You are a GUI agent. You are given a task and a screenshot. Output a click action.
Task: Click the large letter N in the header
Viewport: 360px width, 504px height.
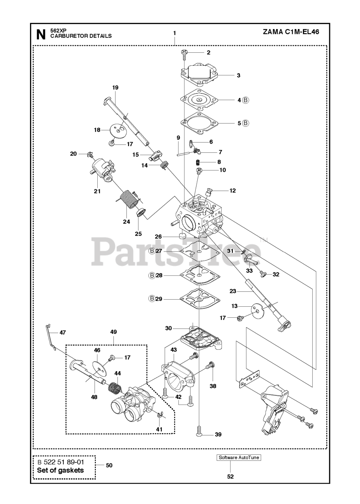pyautogui.click(x=41, y=35)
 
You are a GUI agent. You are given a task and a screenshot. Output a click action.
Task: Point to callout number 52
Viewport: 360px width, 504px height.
pyautogui.click(x=230, y=476)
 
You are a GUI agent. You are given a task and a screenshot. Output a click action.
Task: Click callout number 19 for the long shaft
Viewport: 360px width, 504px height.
pyautogui.click(x=115, y=87)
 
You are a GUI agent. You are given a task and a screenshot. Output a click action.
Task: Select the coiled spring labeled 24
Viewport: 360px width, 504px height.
pyautogui.click(x=127, y=200)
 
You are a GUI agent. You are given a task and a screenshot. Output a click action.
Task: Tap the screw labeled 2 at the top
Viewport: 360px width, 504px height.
pyautogui.click(x=184, y=53)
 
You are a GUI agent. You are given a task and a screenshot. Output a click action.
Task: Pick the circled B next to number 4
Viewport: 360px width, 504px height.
pyautogui.click(x=245, y=100)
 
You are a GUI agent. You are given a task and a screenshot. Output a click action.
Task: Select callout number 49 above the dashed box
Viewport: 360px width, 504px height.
pyautogui.click(x=113, y=332)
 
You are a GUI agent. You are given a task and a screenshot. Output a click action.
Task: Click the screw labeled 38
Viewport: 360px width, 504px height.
pyautogui.click(x=210, y=366)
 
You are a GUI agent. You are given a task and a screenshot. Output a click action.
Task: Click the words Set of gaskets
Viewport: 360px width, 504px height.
pyautogui.click(x=60, y=470)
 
